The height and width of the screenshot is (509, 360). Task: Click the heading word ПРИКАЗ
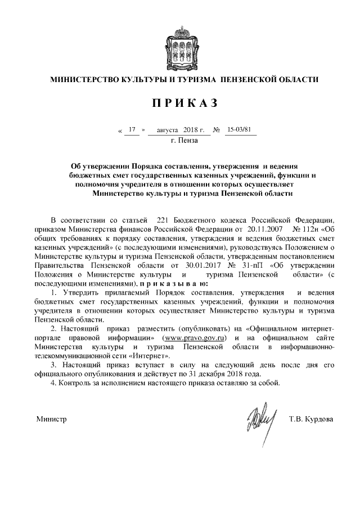click(x=180, y=103)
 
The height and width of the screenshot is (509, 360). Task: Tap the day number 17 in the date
click(x=133, y=130)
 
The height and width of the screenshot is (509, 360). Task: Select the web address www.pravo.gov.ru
click(x=193, y=337)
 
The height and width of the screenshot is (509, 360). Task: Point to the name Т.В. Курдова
click(x=310, y=419)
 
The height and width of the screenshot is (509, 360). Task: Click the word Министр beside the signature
click(x=52, y=419)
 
